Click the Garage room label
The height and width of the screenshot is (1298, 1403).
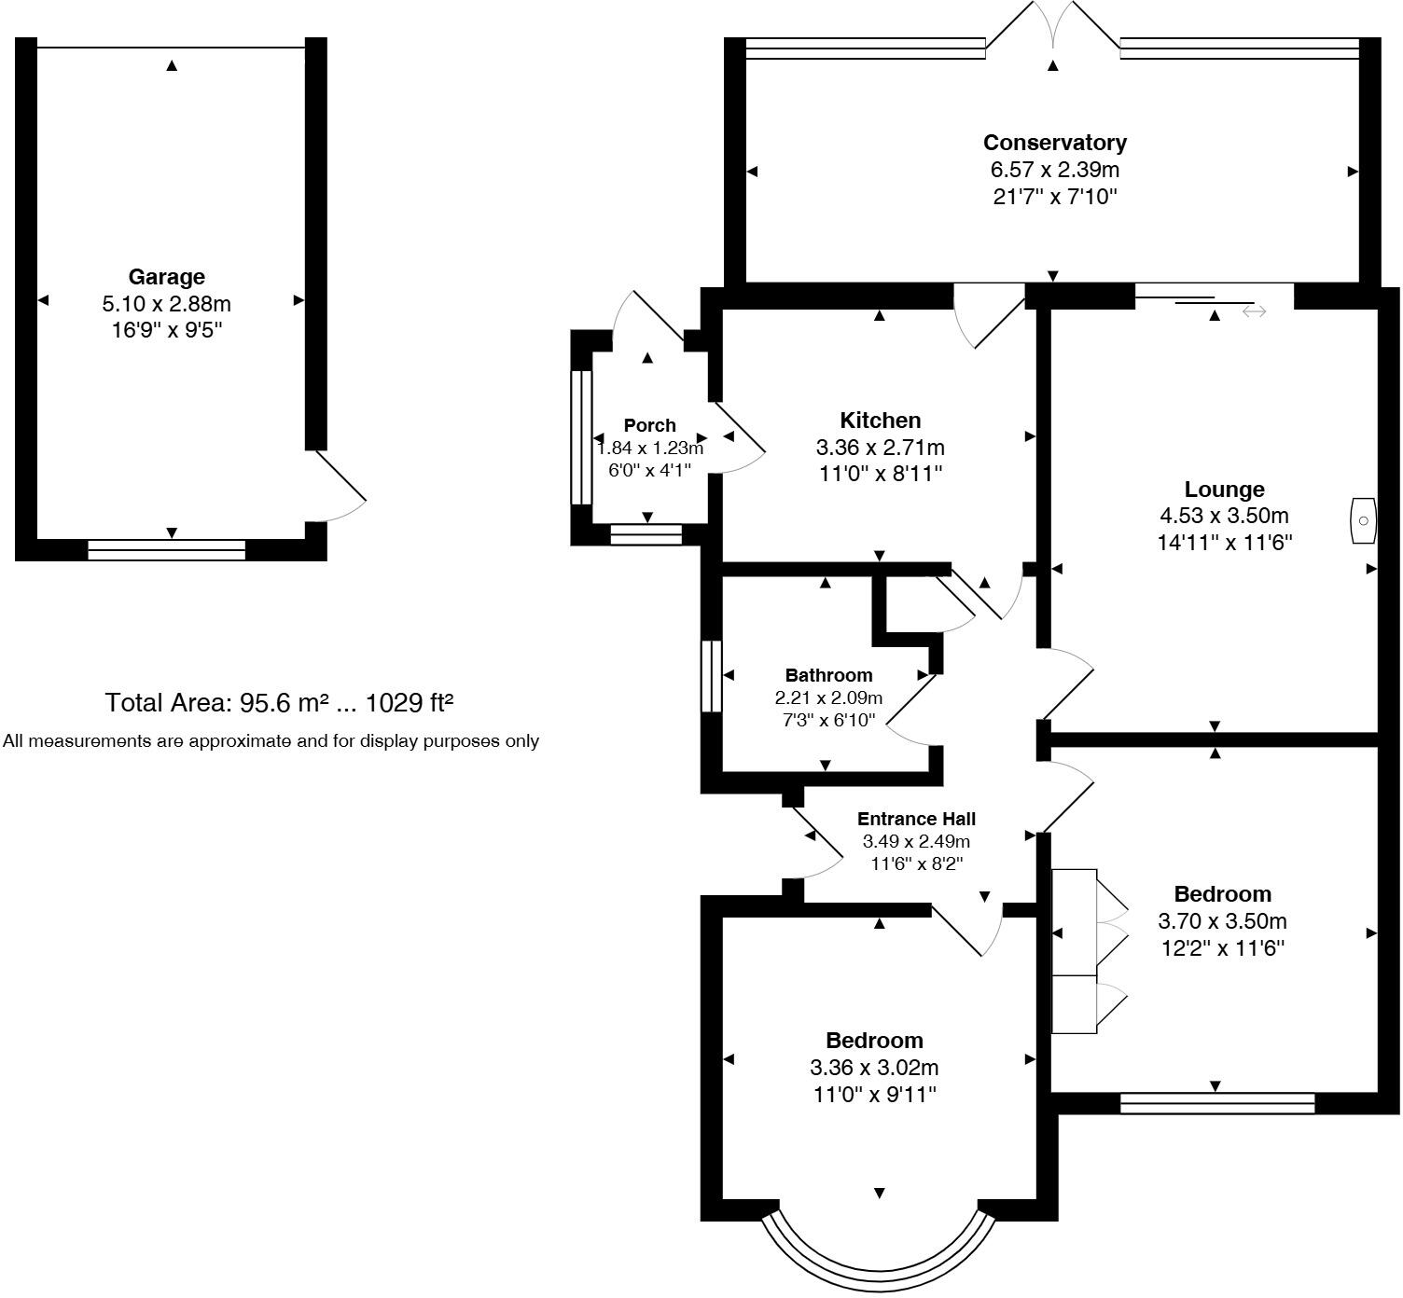pos(166,277)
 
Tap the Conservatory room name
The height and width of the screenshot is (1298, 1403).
pos(1054,143)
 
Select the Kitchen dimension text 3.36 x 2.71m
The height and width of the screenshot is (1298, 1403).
pos(880,448)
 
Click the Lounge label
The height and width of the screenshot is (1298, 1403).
pos(1224,490)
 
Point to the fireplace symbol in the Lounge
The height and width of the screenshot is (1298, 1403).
pos(1363,520)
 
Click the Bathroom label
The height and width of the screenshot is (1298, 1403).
pos(828,675)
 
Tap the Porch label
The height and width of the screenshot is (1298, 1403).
pos(649,425)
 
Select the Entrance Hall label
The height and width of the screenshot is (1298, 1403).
pos(916,819)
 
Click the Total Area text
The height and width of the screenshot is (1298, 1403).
pos(279,702)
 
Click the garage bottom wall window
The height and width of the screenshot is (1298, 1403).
pos(166,550)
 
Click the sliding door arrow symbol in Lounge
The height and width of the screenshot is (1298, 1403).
pos(1254,311)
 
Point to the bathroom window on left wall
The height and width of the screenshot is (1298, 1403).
pos(712,676)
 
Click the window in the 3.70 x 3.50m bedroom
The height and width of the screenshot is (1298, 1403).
pos(1216,1103)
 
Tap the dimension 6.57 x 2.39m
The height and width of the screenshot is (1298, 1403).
pos(1054,170)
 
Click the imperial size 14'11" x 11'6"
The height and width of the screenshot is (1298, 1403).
pos(1224,543)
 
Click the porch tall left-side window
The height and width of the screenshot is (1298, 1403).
pos(581,437)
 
